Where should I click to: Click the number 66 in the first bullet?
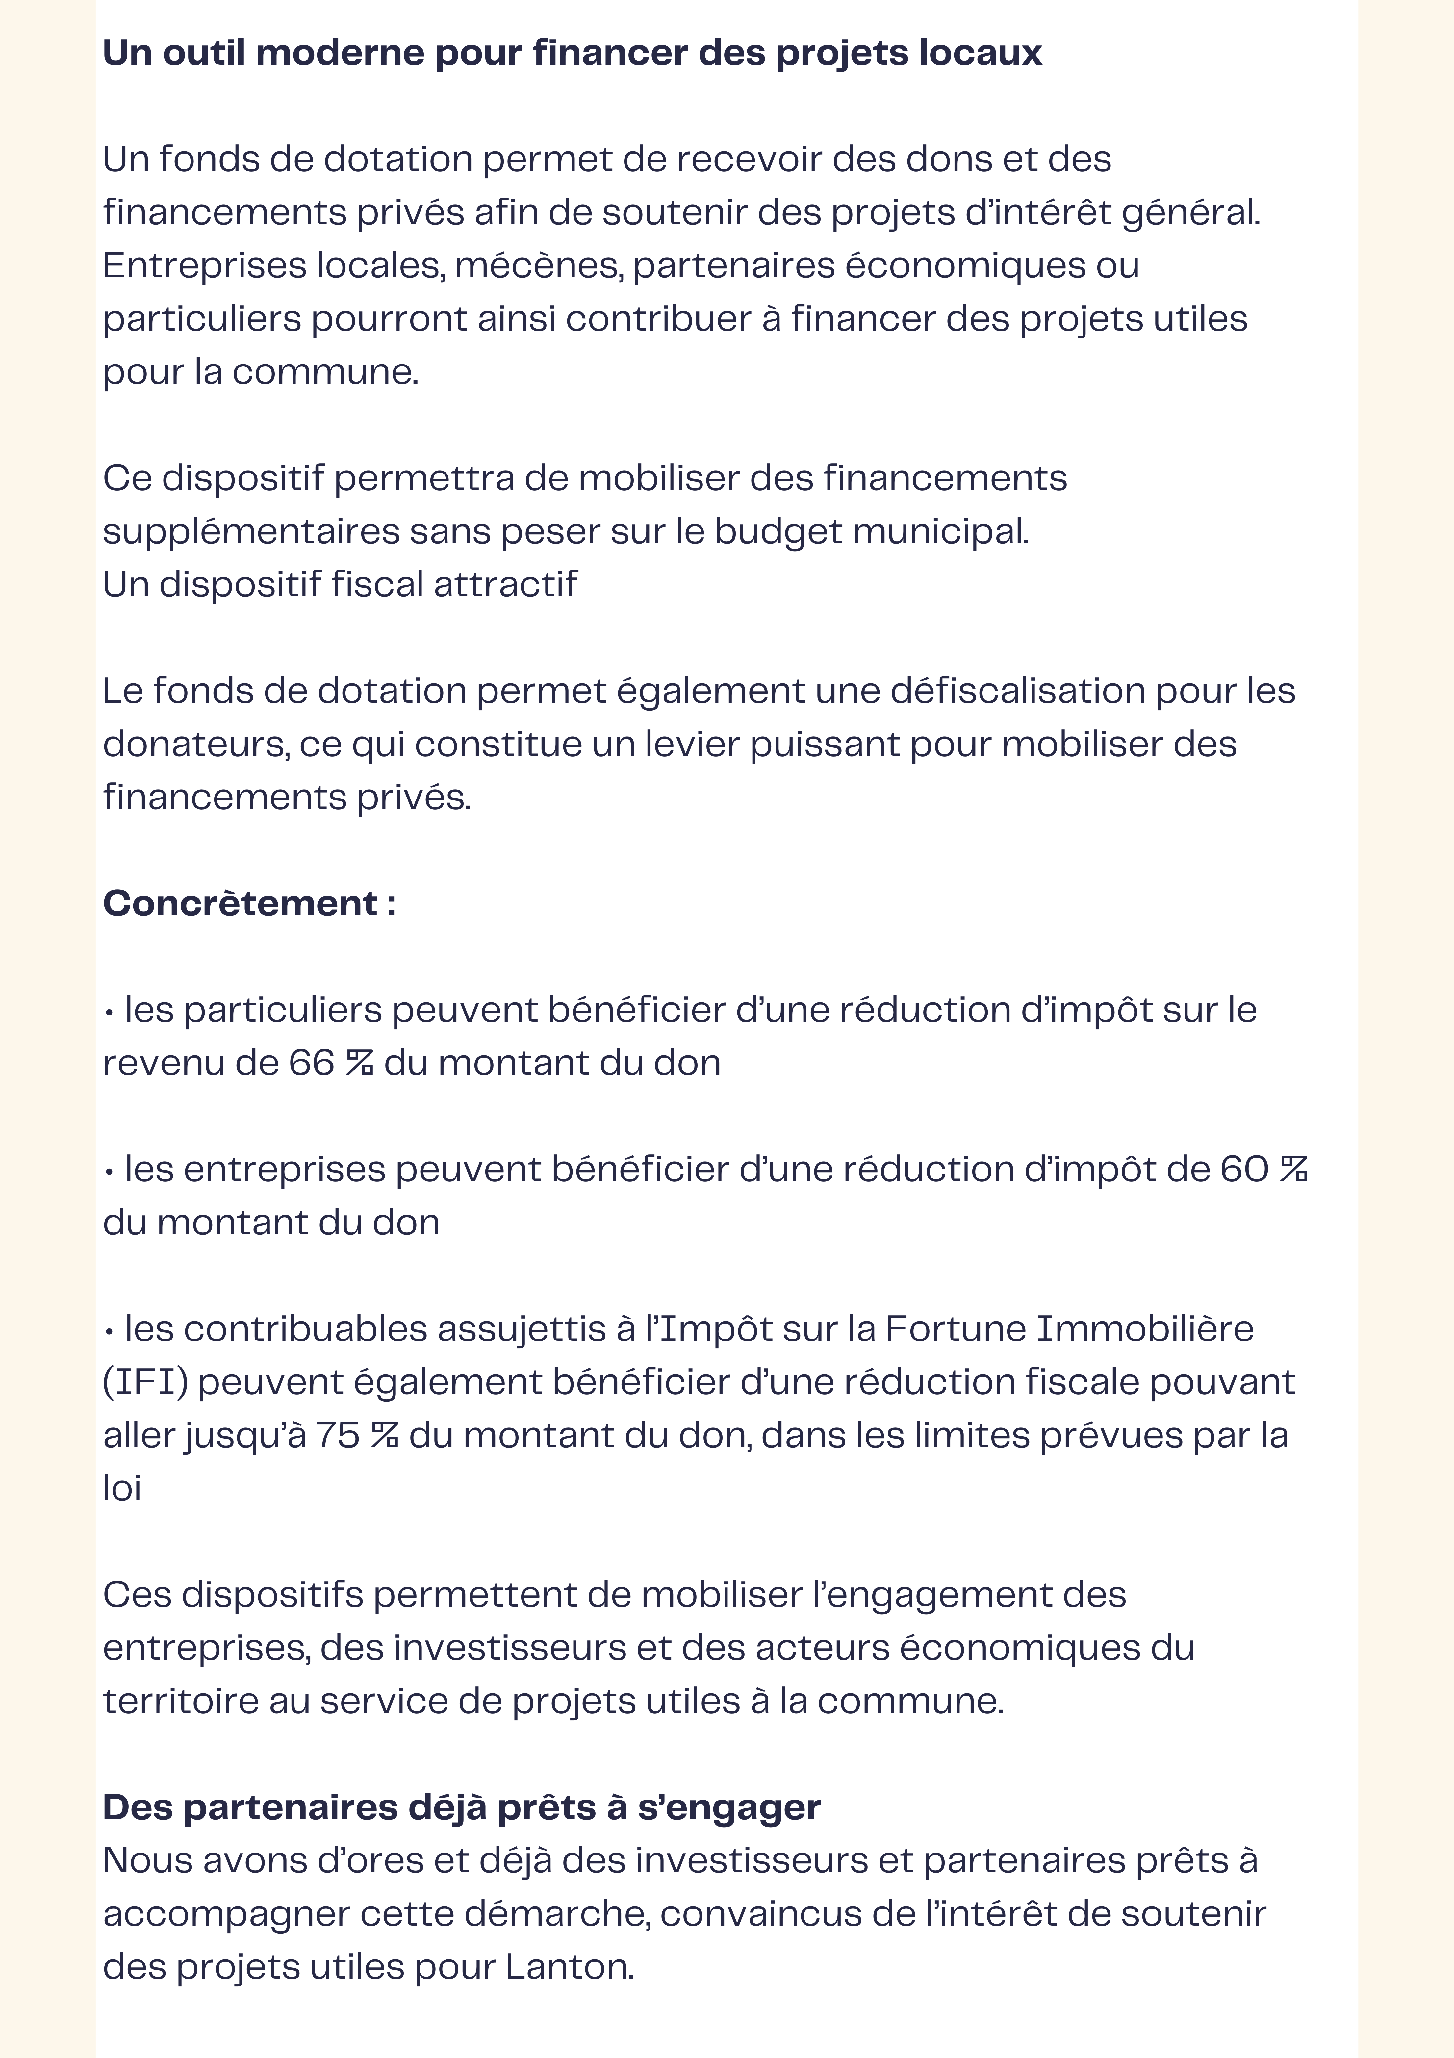(311, 1063)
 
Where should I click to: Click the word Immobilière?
(1145, 1329)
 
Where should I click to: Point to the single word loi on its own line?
(122, 1489)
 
